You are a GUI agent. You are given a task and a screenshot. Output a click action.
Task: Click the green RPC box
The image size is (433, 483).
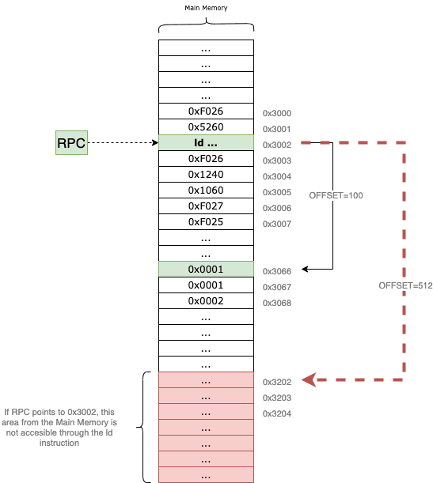tap(71, 142)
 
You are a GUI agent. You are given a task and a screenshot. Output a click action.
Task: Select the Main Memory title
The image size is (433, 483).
tap(206, 8)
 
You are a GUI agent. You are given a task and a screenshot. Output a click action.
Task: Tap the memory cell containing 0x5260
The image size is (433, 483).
tap(206, 127)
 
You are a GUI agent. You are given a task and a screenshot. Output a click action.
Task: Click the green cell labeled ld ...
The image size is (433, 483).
tap(206, 142)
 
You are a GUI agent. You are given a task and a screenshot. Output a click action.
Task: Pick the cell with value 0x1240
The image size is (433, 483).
tap(206, 175)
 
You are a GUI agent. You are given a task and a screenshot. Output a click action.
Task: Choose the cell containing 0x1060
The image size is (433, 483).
tap(206, 190)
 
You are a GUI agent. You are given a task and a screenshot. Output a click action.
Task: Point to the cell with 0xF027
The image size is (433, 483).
tap(206, 206)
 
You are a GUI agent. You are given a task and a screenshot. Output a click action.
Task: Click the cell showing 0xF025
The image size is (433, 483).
tap(206, 222)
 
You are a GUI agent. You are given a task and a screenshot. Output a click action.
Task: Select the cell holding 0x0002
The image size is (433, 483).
tap(206, 300)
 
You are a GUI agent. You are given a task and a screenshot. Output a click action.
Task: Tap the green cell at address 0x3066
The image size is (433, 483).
tap(206, 270)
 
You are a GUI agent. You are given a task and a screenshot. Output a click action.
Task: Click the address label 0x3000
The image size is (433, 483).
tap(277, 113)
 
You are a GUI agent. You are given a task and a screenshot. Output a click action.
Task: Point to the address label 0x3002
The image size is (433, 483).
tap(277, 145)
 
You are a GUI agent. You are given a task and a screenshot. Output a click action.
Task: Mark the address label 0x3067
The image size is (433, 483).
tap(277, 287)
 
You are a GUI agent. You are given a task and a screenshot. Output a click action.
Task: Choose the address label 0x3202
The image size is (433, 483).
tap(277, 382)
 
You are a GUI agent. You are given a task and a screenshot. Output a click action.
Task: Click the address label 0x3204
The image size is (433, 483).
tap(277, 413)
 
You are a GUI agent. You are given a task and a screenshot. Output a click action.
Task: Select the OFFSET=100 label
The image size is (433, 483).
tap(336, 195)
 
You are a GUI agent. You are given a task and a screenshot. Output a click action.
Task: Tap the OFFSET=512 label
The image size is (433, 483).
tap(405, 285)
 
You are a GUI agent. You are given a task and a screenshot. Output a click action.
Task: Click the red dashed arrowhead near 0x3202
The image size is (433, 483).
tap(309, 379)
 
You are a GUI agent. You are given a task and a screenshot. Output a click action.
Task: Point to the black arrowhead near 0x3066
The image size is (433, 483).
tap(305, 270)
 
